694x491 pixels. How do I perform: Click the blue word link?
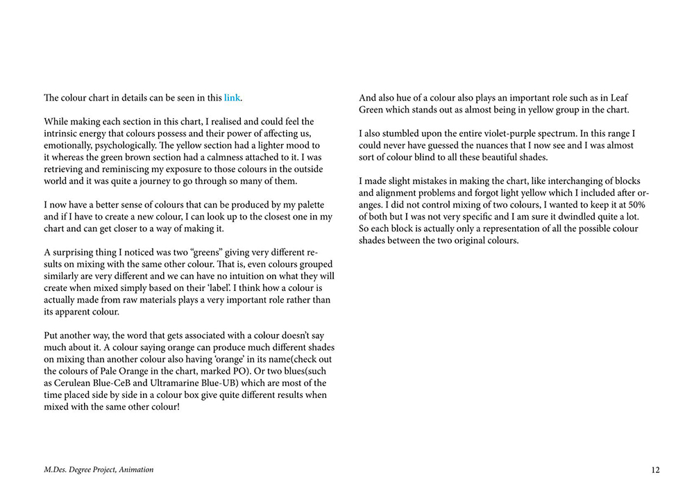pos(232,98)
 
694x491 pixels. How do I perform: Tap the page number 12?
pos(655,470)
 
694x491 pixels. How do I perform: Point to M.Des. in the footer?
pos(56,470)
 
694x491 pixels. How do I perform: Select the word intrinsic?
pos(63,133)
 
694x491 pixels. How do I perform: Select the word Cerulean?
pos(79,383)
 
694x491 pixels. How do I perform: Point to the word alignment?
pos(400,193)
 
